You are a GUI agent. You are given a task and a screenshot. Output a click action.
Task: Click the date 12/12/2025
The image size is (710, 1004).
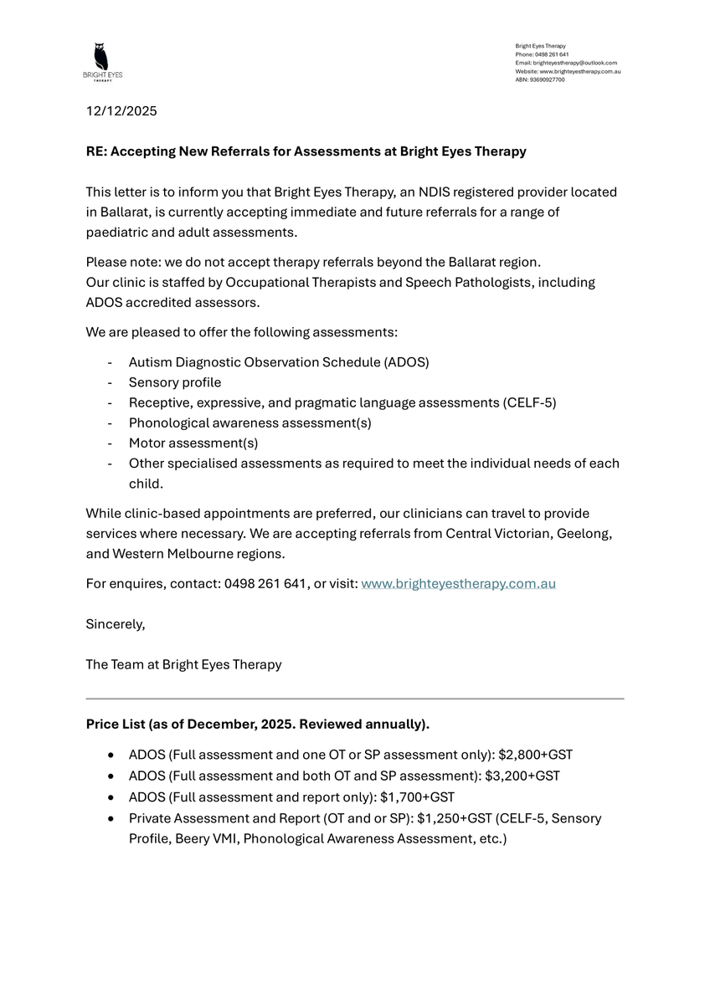click(121, 110)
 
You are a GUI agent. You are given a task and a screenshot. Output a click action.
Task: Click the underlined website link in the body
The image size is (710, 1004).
click(458, 584)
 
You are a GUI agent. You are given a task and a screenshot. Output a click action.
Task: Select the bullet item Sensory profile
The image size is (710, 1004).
click(175, 382)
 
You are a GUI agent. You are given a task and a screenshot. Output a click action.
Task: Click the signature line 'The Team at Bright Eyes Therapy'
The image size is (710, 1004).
click(183, 664)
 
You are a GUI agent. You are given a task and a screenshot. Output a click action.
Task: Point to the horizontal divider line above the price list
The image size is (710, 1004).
click(355, 698)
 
